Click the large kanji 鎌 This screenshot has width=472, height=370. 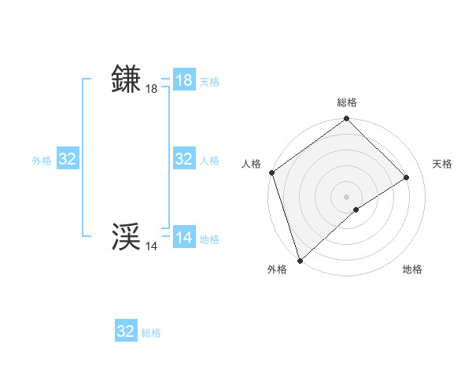(127, 80)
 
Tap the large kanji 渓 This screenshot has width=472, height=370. (127, 237)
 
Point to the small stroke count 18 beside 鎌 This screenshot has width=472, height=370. (151, 89)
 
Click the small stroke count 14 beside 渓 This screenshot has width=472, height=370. (151, 246)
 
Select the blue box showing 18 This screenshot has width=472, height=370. (184, 80)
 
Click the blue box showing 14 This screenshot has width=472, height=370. (184, 238)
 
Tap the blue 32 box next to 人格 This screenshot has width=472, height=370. (184, 159)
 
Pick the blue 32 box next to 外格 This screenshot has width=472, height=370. (68, 159)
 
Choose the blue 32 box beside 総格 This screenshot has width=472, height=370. (126, 331)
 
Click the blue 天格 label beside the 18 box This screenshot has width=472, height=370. (209, 82)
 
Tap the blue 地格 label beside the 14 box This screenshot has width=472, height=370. (209, 239)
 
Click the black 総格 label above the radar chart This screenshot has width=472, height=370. (347, 102)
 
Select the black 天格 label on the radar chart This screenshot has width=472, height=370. (442, 164)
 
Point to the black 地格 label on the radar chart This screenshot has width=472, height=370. (412, 269)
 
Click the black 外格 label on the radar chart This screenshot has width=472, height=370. (277, 269)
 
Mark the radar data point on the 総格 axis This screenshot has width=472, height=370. (347, 119)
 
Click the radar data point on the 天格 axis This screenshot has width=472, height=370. (407, 177)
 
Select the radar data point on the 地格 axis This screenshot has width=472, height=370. (356, 209)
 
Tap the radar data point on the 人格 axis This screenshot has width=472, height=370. (271, 172)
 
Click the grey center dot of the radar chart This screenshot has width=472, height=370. (347, 196)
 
